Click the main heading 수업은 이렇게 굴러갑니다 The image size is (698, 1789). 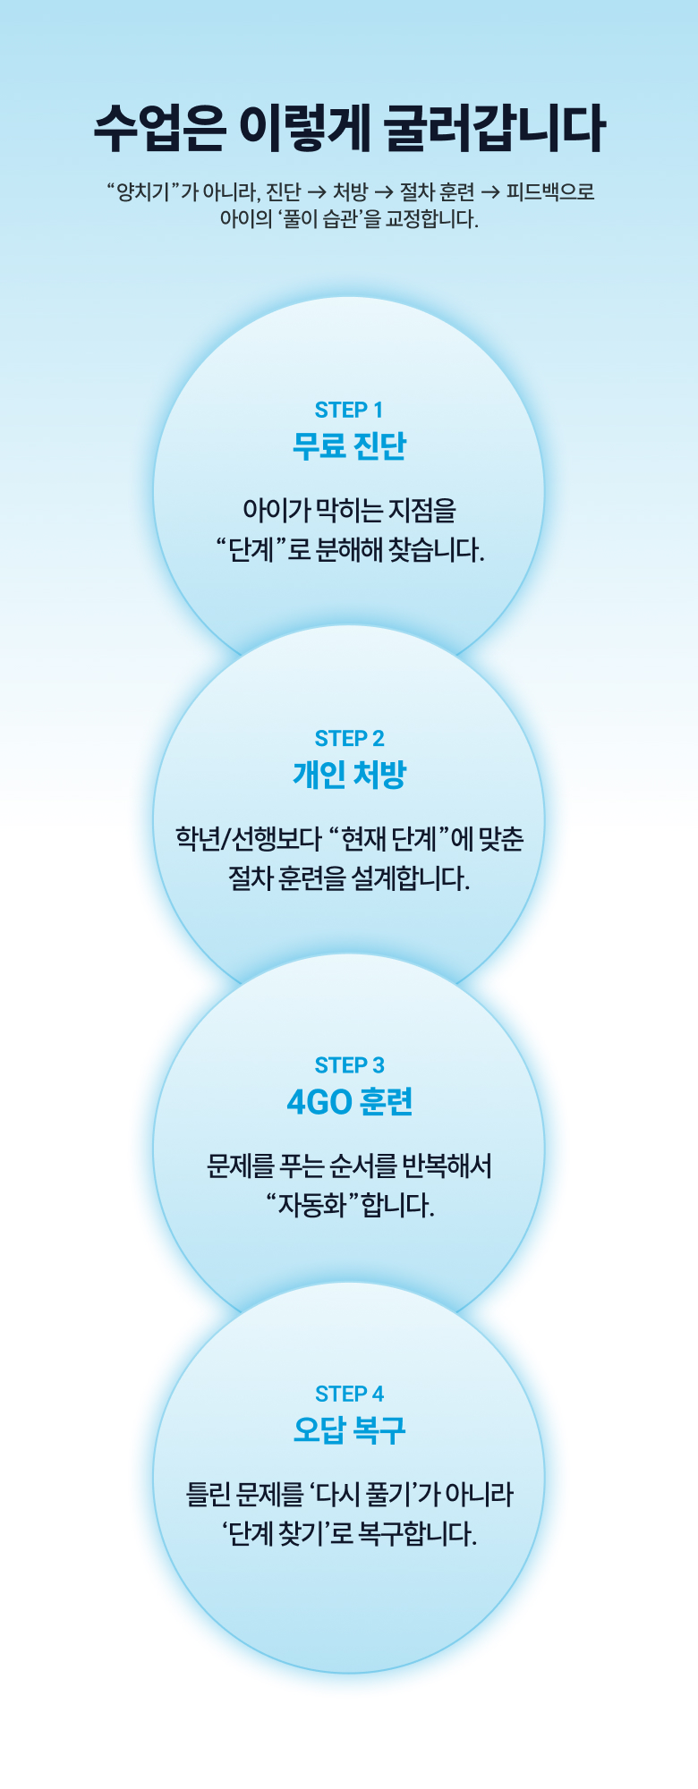pyautogui.click(x=349, y=129)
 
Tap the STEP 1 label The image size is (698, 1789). pyautogui.click(x=349, y=410)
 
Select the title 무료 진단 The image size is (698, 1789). pyautogui.click(x=349, y=445)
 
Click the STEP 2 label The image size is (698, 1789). pyautogui.click(x=349, y=738)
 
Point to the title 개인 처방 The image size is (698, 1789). pyautogui.click(x=349, y=774)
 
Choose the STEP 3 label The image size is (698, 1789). pyautogui.click(x=349, y=1065)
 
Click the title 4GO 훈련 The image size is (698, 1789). pyautogui.click(x=349, y=1102)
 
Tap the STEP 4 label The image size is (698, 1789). pyautogui.click(x=349, y=1394)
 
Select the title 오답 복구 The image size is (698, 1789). pyautogui.click(x=349, y=1429)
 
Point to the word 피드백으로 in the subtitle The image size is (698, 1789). pyautogui.click(x=550, y=192)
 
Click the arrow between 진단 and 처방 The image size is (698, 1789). pyautogui.click(x=317, y=192)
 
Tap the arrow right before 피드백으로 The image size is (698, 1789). pyautogui.click(x=490, y=192)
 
